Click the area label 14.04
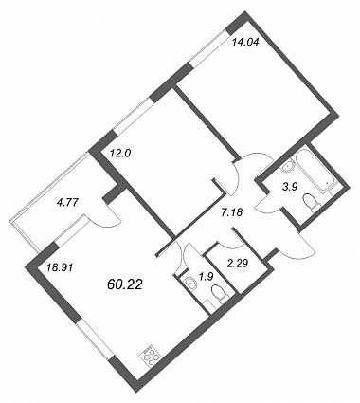click(245, 42)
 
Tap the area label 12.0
click(120, 154)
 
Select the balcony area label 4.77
click(65, 202)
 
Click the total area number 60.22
click(125, 284)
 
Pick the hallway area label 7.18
click(231, 212)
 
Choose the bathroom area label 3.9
click(289, 188)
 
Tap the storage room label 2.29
click(238, 262)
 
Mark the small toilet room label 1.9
click(207, 275)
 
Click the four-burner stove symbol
click(149, 357)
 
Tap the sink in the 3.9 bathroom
click(288, 168)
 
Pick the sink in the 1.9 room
click(190, 283)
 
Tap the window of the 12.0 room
click(134, 115)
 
